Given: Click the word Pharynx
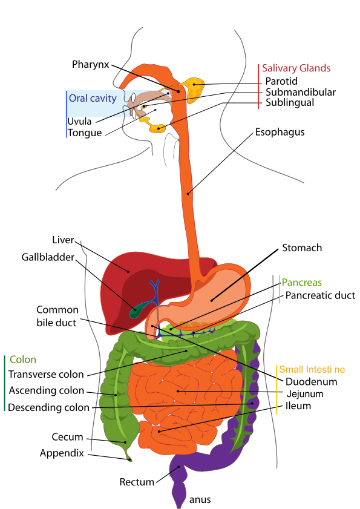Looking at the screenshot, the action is (x=91, y=65).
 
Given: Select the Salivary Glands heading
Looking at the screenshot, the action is (x=296, y=68).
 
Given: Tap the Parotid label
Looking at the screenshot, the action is (x=281, y=81).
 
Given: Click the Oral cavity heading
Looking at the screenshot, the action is (x=93, y=99).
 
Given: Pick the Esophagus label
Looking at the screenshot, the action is (x=280, y=132).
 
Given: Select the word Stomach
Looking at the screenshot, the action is (x=302, y=248).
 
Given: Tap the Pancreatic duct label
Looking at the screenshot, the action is (x=320, y=295).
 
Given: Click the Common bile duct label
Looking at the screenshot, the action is (x=57, y=316).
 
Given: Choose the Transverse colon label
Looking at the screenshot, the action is (x=46, y=374).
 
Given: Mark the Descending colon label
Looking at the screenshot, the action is (x=48, y=407).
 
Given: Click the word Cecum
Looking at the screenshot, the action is (x=68, y=437).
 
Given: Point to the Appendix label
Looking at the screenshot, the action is (x=62, y=453).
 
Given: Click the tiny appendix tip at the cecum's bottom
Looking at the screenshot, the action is (x=129, y=459).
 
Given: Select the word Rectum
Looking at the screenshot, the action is (x=137, y=482).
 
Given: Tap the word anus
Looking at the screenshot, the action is (x=200, y=500).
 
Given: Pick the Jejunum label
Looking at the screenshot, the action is (x=305, y=394).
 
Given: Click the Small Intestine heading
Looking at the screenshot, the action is (x=312, y=369).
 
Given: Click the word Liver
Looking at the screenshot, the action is (x=64, y=240).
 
